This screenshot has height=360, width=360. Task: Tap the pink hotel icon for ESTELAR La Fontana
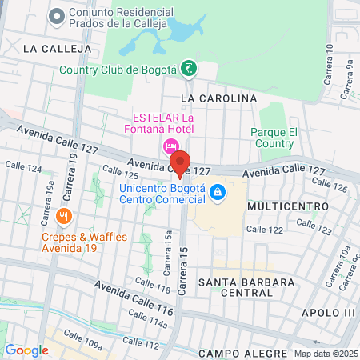click(x=170, y=146)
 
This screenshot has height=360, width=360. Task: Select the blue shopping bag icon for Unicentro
click(x=216, y=192)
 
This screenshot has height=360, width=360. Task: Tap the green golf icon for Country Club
click(x=187, y=68)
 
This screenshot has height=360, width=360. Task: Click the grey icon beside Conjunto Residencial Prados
click(x=56, y=16)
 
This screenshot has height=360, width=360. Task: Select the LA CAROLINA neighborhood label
click(x=218, y=98)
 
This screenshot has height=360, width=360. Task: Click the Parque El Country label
click(x=274, y=137)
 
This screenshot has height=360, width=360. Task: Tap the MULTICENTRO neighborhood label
click(x=288, y=206)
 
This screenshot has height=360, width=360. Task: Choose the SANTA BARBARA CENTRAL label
click(x=246, y=288)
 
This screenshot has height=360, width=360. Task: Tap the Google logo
click(x=26, y=350)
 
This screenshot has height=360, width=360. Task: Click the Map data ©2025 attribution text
click(x=326, y=354)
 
